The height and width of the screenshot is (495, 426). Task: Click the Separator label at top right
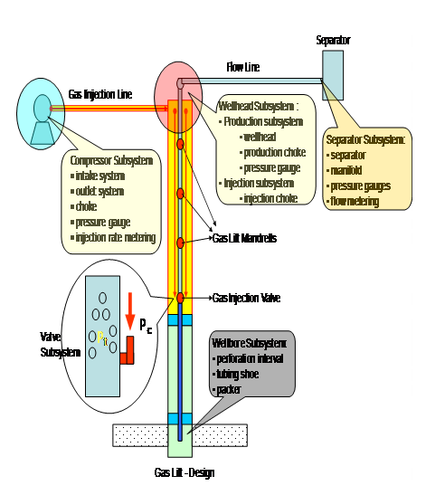pos(332,41)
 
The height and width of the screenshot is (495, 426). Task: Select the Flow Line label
pos(243,68)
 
